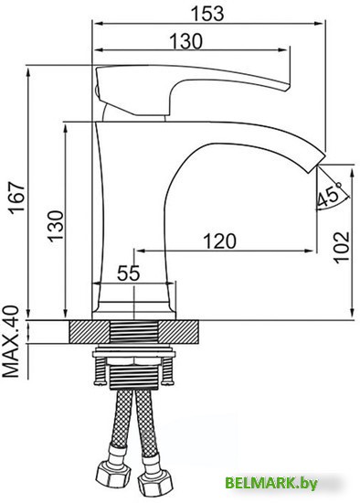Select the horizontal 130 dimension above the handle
[187, 40]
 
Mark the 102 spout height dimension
[341, 245]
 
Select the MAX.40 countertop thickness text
[11, 342]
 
